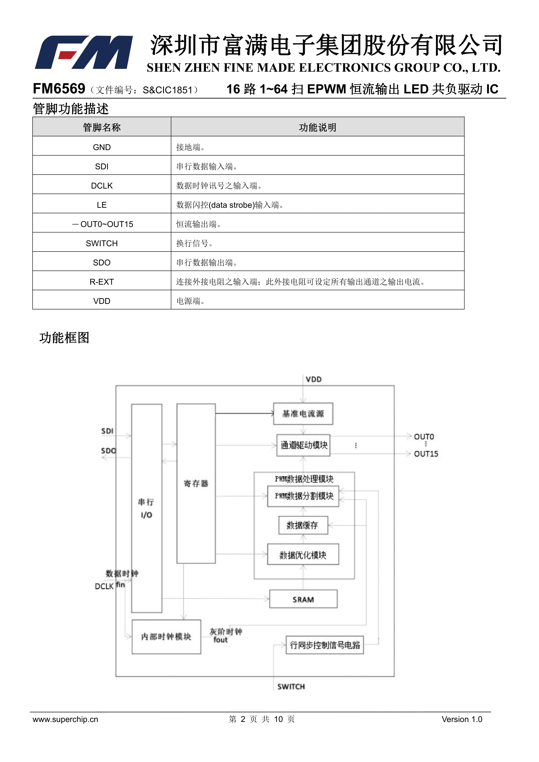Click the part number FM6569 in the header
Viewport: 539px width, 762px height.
pyautogui.click(x=59, y=89)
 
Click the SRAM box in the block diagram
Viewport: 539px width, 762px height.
pyautogui.click(x=303, y=599)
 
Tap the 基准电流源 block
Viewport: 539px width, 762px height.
pyautogui.click(x=303, y=414)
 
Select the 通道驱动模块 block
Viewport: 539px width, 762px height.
pyautogui.click(x=303, y=445)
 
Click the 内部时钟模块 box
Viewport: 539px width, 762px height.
pyautogui.click(x=166, y=636)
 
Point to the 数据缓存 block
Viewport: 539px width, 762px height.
pyautogui.click(x=303, y=525)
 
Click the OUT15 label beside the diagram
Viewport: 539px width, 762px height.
pyautogui.click(x=426, y=454)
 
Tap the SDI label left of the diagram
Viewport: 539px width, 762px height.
pyautogui.click(x=107, y=431)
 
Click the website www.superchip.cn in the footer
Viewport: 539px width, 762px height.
pyautogui.click(x=65, y=719)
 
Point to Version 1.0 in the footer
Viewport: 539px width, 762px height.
pyautogui.click(x=462, y=719)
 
